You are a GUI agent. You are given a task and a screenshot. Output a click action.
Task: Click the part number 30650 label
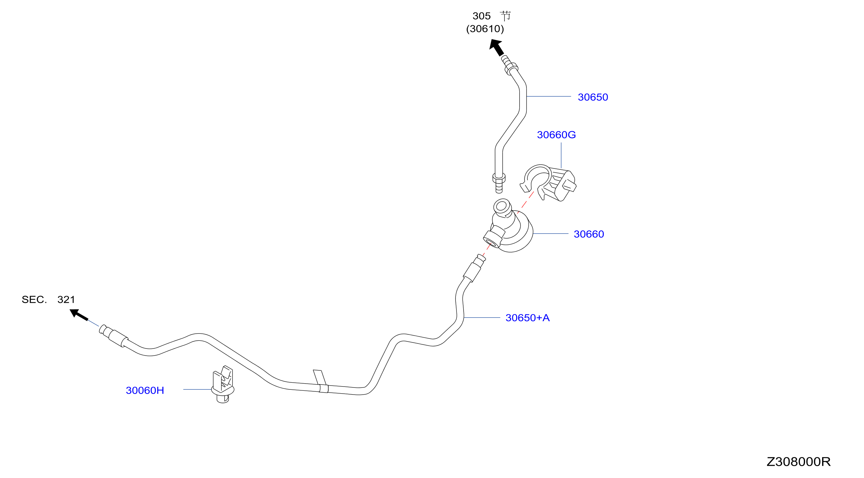point(593,97)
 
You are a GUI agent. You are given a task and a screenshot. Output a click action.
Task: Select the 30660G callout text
point(556,135)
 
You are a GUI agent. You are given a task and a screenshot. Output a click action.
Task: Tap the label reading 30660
point(589,234)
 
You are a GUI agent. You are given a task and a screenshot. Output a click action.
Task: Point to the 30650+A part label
point(527,317)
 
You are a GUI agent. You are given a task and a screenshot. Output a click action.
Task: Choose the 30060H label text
point(145,390)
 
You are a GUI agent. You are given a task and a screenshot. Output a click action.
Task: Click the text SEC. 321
point(48,299)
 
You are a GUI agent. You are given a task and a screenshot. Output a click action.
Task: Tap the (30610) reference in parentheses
point(485,29)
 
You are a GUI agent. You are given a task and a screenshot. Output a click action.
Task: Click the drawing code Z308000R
point(798,462)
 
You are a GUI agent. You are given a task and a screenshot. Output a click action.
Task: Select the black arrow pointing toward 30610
point(496,47)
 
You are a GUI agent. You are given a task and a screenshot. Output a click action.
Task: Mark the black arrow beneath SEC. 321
point(79,315)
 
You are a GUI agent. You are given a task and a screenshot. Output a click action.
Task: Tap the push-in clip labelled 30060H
point(223,384)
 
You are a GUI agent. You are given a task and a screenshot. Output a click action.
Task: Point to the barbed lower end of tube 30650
point(499,183)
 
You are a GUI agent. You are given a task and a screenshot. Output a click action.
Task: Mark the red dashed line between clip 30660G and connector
point(525,202)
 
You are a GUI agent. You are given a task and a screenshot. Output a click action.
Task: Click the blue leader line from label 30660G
point(561,155)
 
